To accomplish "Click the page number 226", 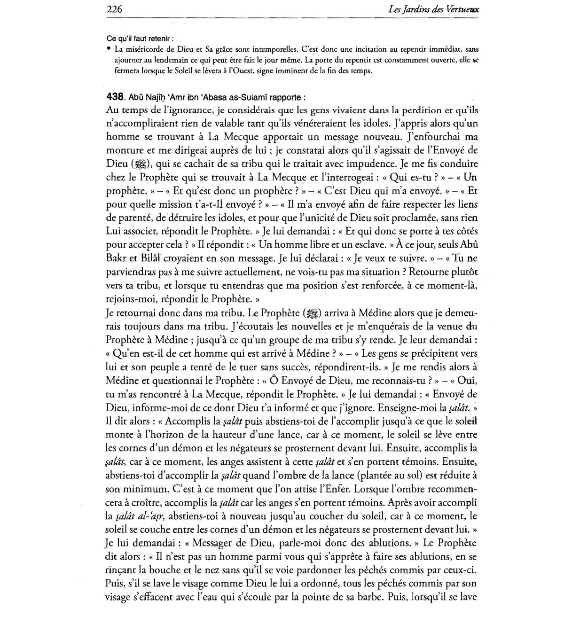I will click(115, 9).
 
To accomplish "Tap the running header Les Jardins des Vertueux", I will click(433, 9).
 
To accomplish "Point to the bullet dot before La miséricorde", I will click(109, 48).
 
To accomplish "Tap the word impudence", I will click(392, 164).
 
